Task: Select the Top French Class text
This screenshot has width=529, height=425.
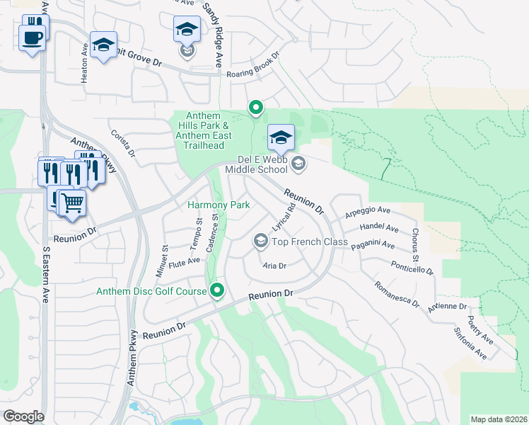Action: click(x=310, y=242)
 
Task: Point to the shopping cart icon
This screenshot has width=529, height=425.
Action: click(x=71, y=203)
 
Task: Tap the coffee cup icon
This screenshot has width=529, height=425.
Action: click(x=33, y=37)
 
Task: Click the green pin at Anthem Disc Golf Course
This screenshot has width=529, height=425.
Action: click(x=218, y=290)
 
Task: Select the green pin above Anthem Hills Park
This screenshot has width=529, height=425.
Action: click(x=255, y=108)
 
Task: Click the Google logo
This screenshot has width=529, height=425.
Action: click(x=23, y=416)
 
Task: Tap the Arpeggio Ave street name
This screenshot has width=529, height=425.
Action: click(x=368, y=211)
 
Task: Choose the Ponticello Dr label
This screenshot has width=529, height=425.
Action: click(x=412, y=267)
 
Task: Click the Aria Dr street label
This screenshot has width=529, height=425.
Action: click(x=274, y=266)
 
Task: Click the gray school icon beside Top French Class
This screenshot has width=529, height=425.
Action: click(x=260, y=242)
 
